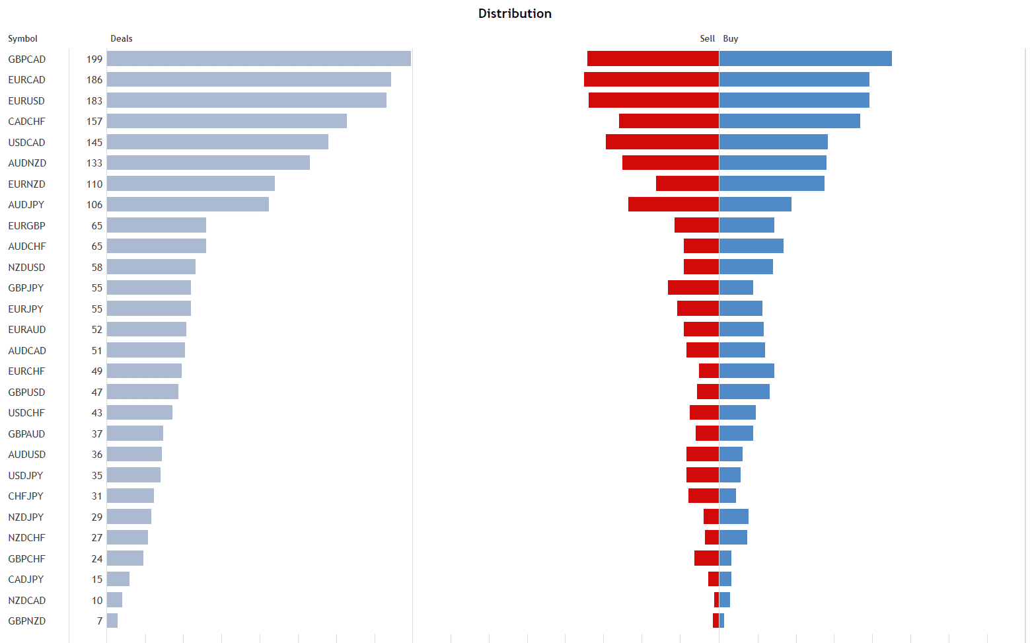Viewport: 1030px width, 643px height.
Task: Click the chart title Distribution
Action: pyautogui.click(x=515, y=14)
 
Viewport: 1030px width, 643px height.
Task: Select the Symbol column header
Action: pyautogui.click(x=22, y=39)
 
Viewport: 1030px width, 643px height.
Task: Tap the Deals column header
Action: pyautogui.click(x=121, y=39)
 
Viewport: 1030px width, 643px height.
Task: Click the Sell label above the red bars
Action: pyautogui.click(x=707, y=39)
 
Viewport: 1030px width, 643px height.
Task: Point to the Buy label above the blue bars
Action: pyautogui.click(x=730, y=39)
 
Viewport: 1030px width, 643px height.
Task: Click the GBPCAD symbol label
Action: pyautogui.click(x=27, y=59)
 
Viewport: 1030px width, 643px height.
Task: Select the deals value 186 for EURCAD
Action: pyautogui.click(x=94, y=80)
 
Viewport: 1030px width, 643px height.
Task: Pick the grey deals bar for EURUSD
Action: pyautogui.click(x=246, y=100)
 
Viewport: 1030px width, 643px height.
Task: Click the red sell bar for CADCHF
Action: pyautogui.click(x=669, y=121)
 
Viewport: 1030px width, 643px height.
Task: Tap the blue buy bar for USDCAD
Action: pyautogui.click(x=773, y=142)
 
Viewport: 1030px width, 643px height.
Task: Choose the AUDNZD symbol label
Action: pyautogui.click(x=27, y=163)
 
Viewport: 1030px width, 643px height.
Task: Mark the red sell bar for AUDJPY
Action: pyautogui.click(x=673, y=204)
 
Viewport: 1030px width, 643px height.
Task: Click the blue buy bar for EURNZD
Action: pyautogui.click(x=772, y=184)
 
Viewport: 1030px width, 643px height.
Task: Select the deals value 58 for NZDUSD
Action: pyautogui.click(x=97, y=268)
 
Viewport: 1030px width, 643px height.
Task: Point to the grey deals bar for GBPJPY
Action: pyautogui.click(x=149, y=287)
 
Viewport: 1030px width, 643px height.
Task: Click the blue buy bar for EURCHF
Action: pyautogui.click(x=747, y=371)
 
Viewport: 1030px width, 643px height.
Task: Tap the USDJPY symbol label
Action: pyautogui.click(x=26, y=476)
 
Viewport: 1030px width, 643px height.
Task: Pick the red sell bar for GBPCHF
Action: pyautogui.click(x=706, y=558)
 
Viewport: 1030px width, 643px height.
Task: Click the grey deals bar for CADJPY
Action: pyautogui.click(x=118, y=579)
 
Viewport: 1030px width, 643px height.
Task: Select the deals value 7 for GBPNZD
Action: pyautogui.click(x=100, y=621)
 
